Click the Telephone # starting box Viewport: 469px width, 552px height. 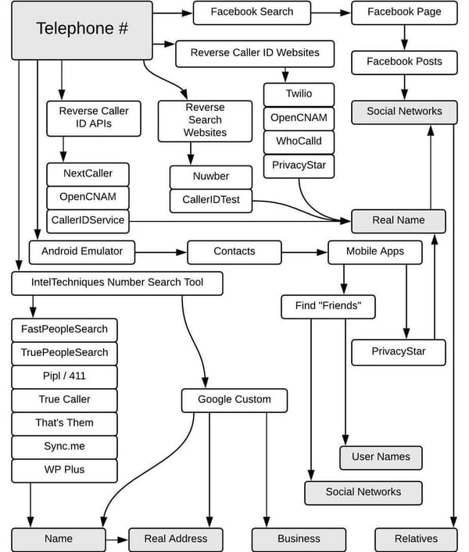click(81, 30)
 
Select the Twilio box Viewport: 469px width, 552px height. click(299, 94)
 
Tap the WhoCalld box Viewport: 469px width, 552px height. click(299, 141)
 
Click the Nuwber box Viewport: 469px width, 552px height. click(211, 176)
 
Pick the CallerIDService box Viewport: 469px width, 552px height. click(88, 220)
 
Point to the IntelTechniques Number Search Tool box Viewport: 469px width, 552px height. click(117, 283)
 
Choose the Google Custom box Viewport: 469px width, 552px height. click(234, 400)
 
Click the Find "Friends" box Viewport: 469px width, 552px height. click(328, 306)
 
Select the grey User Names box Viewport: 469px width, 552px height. click(381, 458)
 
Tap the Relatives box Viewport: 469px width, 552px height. click(417, 539)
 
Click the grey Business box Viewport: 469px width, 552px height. click(299, 539)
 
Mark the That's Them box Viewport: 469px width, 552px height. click(64, 423)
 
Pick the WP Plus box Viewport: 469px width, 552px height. click(64, 470)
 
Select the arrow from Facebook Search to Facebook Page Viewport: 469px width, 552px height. click(331, 12)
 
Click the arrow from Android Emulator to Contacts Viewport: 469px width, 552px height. click(160, 252)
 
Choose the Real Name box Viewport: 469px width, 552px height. click(399, 221)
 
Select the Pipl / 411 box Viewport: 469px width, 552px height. click(64, 376)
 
